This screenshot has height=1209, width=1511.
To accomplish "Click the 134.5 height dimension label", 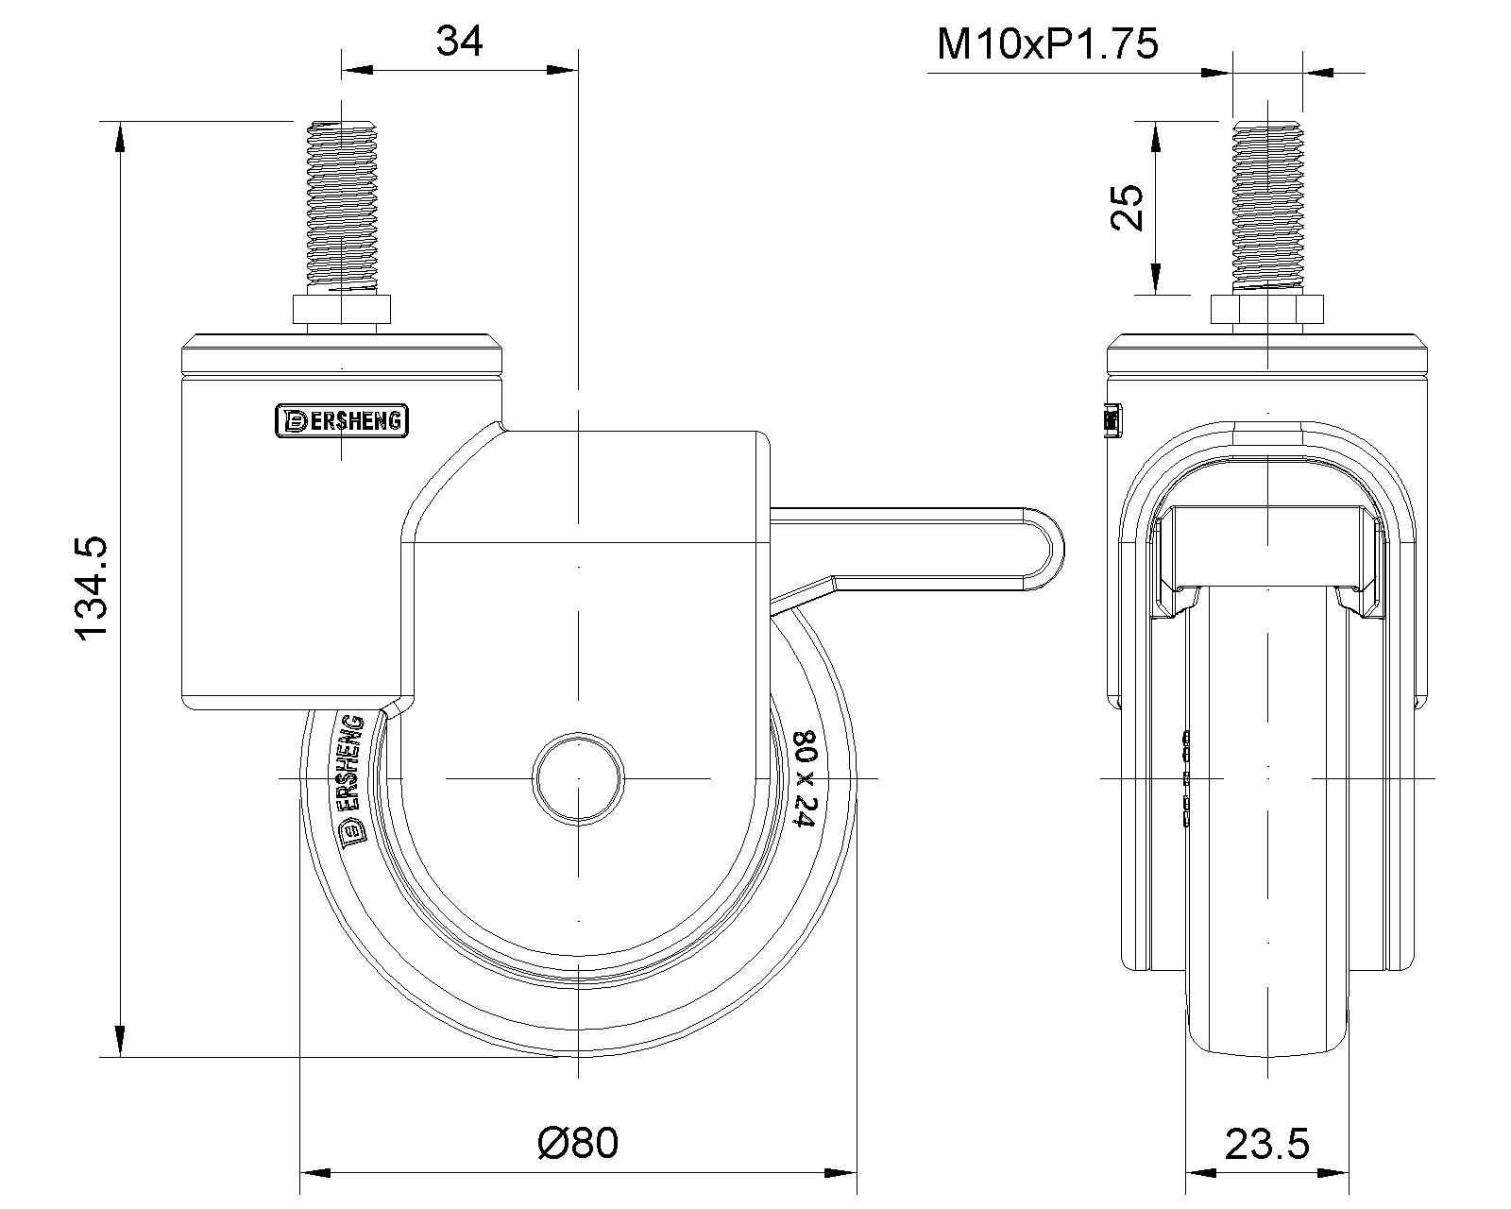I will [94, 590].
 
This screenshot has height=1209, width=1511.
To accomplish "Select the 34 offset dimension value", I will [460, 42].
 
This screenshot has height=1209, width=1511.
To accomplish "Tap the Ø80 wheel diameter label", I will [578, 1144].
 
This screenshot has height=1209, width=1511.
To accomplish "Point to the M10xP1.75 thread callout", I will [1046, 43].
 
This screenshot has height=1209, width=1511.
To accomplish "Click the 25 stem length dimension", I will [1128, 207].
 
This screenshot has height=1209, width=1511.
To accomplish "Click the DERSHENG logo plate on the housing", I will [341, 421].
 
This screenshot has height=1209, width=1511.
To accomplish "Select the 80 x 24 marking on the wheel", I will [804, 778].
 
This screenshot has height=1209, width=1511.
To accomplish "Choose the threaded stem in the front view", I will [1265, 206].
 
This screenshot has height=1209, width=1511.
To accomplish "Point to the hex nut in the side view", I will [341, 313].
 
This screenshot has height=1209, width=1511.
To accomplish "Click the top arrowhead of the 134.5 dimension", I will [119, 137].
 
